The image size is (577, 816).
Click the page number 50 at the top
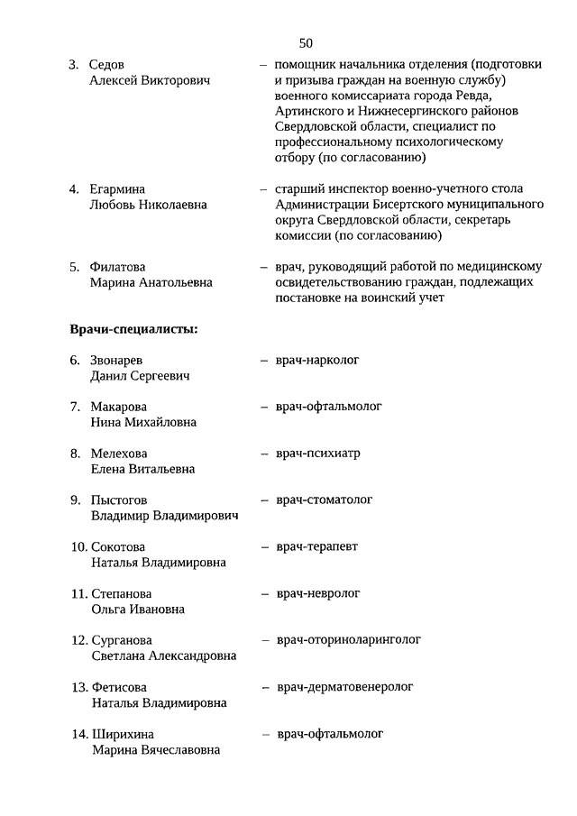[x=306, y=42]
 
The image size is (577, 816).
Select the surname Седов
[x=107, y=65]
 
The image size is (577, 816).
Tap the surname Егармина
[x=117, y=189]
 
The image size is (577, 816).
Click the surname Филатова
[x=117, y=267]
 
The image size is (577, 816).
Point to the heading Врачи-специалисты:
[x=133, y=328]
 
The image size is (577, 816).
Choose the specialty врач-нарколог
[x=317, y=360]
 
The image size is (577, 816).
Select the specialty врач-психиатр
[x=317, y=453]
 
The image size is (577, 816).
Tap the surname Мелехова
[x=118, y=454]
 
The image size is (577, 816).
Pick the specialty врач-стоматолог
[x=324, y=500]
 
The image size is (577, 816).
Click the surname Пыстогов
[x=120, y=500]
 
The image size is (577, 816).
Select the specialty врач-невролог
[x=317, y=593]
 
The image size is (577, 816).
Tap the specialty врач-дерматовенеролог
[x=345, y=687]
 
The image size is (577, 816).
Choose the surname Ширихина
[x=124, y=734]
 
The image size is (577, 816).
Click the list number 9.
[x=75, y=500]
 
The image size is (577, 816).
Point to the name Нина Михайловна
[x=143, y=422]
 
